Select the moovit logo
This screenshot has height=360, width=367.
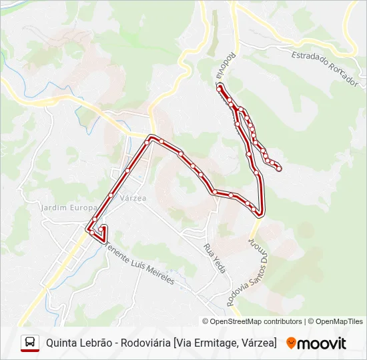click(316, 343)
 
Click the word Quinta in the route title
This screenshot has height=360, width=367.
click(61, 343)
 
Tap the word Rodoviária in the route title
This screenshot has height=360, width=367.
click(142, 343)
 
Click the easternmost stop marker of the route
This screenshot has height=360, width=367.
click(279, 169)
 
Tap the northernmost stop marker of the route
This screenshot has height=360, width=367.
click(220, 88)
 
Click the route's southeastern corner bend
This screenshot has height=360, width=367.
click(260, 213)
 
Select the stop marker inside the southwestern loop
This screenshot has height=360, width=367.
click(101, 230)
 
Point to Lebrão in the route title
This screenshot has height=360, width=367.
click(95, 343)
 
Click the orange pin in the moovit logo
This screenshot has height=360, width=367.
click(291, 343)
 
